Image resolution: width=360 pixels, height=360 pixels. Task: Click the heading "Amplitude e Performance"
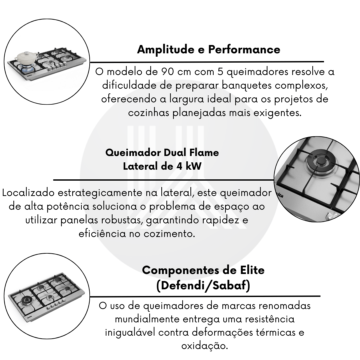point(208,49)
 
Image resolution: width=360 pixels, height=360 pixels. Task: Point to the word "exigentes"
point(277,113)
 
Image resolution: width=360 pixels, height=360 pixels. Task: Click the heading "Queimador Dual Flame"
point(162,153)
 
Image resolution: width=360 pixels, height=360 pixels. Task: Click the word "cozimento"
point(169,234)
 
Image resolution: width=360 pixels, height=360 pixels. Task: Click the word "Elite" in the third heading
point(252,270)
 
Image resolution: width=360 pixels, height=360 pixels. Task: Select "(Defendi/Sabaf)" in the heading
point(203,285)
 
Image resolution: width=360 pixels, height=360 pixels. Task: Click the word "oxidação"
point(205,346)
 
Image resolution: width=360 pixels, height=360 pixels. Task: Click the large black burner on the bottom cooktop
point(26,301)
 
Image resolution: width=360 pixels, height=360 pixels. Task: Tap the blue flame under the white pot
point(26,67)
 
